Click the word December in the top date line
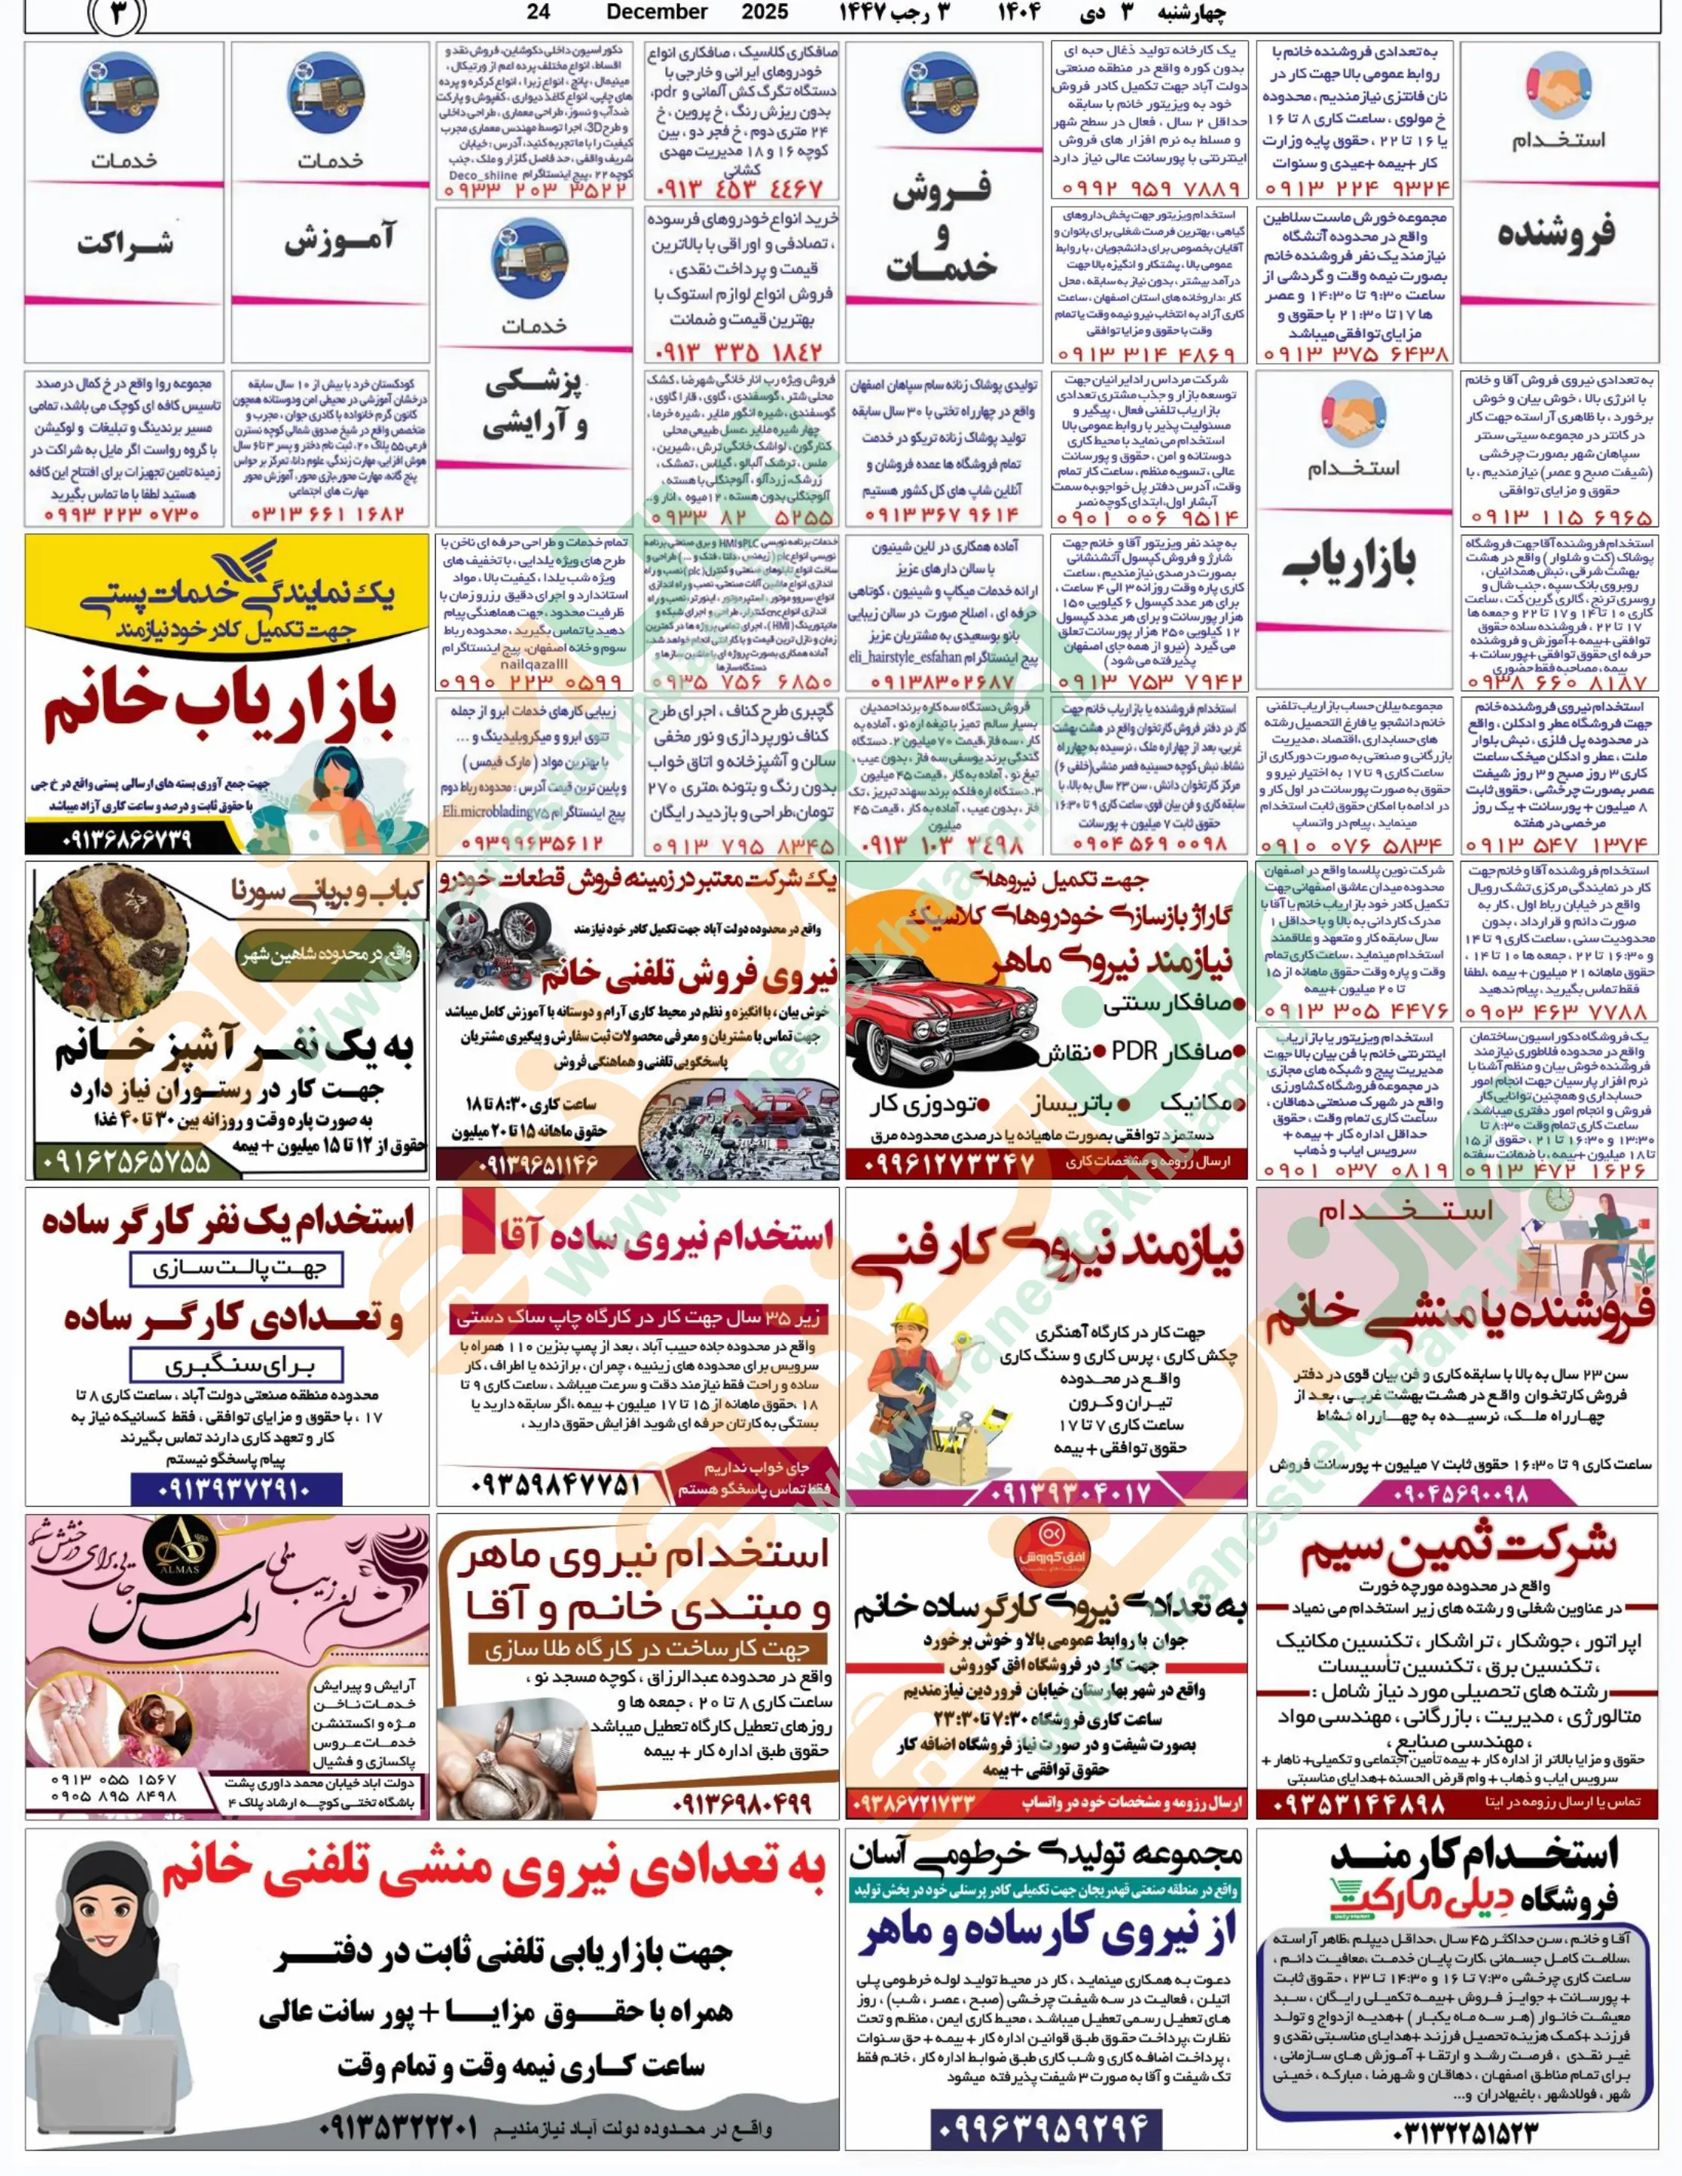pyautogui.click(x=657, y=12)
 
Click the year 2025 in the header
pyautogui.click(x=765, y=12)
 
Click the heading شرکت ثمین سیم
pyautogui.click(x=1458, y=1555)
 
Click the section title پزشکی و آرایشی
pyautogui.click(x=535, y=404)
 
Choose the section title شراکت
pyautogui.click(x=124, y=242)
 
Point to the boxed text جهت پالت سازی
pyautogui.click(x=237, y=1268)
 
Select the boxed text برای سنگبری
pyautogui.click(x=237, y=1364)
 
